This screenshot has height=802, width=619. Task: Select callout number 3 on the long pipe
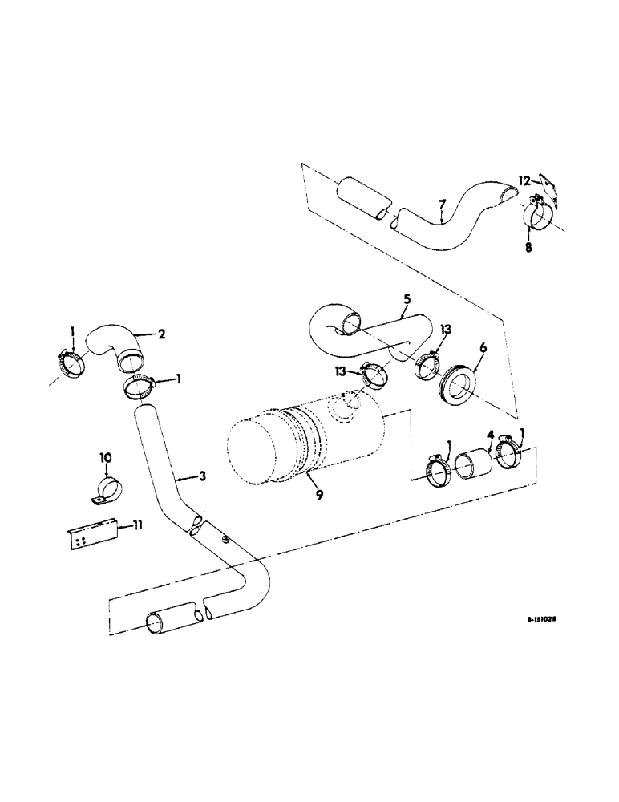203,476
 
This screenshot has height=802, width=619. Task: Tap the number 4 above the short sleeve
490,438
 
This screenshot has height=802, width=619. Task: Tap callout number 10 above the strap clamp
106,458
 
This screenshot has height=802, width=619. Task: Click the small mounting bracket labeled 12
548,192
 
